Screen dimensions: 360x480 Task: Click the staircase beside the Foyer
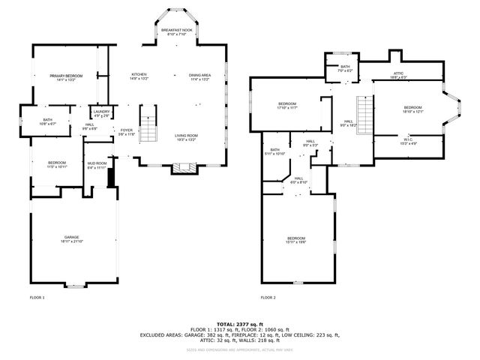150,124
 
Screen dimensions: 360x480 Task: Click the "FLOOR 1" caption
37,298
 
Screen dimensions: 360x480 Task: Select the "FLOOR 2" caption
268,298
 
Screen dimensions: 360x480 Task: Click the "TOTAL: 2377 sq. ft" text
240,323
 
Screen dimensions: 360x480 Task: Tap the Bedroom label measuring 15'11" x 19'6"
296,240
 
